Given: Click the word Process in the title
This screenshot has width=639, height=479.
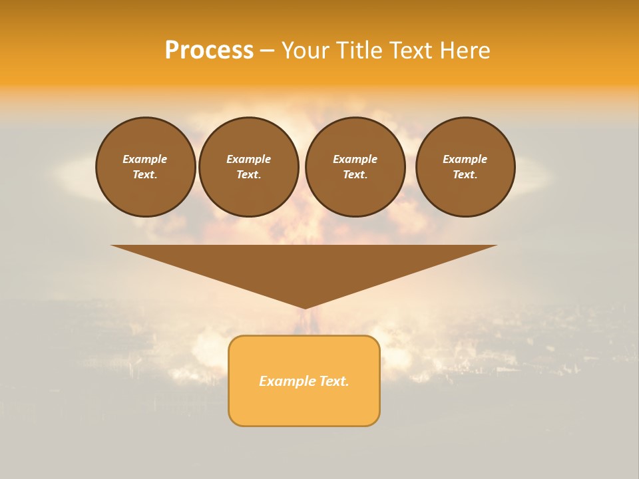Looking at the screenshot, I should coord(209,51).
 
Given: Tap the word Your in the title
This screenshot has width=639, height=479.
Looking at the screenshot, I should coord(308,51).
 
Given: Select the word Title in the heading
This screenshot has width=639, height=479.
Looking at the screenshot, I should coord(359,51).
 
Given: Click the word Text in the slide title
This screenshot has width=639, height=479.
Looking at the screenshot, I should coord(413,51).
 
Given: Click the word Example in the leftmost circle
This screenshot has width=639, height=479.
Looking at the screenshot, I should coord(145,159).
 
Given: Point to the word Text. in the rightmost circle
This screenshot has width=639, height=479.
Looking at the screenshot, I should coord(465,174).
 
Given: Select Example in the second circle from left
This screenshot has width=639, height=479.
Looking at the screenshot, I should coord(249,159).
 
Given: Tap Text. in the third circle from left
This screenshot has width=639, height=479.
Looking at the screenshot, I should coord(355,174).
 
